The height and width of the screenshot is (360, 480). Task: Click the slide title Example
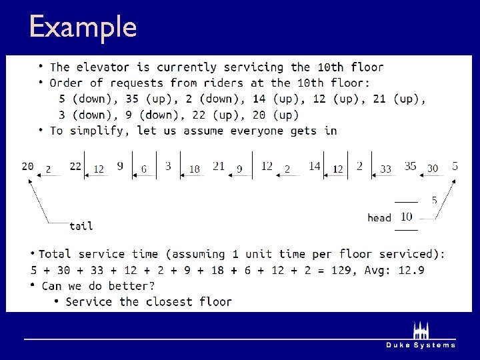tap(83, 27)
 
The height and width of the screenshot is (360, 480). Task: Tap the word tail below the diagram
tap(81, 226)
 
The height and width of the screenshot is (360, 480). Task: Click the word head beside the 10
tap(379, 218)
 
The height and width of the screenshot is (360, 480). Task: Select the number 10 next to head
tap(406, 217)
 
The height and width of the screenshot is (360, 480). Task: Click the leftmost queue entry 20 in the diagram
tap(27, 166)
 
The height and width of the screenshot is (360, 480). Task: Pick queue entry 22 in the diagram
tap(75, 166)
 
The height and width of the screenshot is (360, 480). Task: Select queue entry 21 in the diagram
tap(219, 166)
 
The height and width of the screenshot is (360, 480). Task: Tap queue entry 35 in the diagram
tap(410, 166)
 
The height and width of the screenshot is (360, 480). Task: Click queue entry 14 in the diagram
tap(315, 166)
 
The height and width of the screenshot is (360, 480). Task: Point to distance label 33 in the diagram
tap(385, 169)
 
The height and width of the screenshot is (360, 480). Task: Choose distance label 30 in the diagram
tap(432, 169)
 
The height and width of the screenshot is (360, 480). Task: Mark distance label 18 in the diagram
tap(194, 169)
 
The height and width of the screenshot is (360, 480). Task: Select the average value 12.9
tap(412, 270)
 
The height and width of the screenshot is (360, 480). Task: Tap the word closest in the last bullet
tap(170, 302)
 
